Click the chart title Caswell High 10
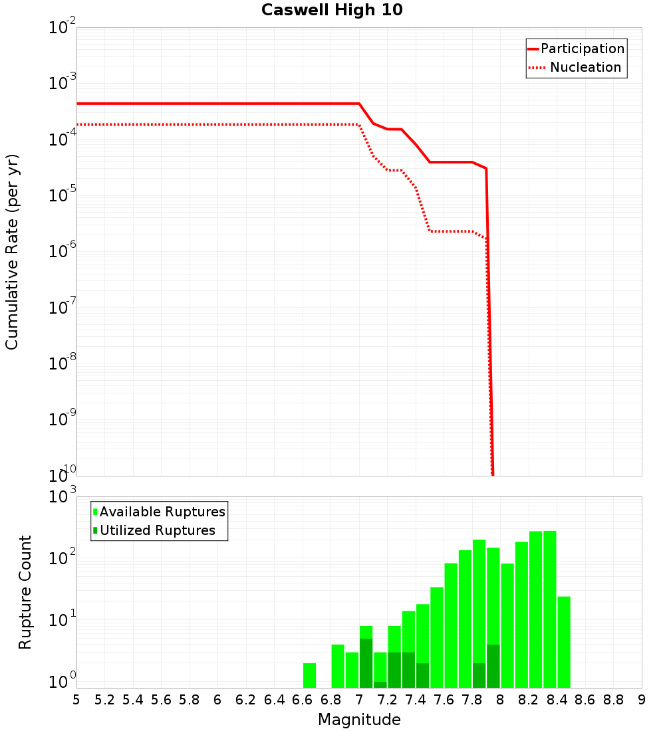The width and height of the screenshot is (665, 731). tap(332, 10)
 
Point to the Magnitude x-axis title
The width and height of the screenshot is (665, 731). tap(359, 720)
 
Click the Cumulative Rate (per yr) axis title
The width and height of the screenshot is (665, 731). tap(12, 252)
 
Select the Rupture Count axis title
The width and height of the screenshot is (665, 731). tap(25, 592)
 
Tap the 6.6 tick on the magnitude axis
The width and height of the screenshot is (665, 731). tap(303, 700)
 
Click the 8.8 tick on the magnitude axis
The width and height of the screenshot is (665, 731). tap(614, 700)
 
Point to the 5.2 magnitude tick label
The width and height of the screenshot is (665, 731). tap(105, 700)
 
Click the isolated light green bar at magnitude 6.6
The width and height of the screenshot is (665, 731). tap(309, 675)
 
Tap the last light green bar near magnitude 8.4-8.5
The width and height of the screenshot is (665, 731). tap(564, 642)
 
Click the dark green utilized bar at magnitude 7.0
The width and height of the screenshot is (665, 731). tap(366, 663)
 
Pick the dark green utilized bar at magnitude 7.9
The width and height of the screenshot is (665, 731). tap(493, 666)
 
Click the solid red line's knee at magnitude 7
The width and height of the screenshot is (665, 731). tap(359, 104)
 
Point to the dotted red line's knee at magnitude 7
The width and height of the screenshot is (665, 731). tap(359, 125)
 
